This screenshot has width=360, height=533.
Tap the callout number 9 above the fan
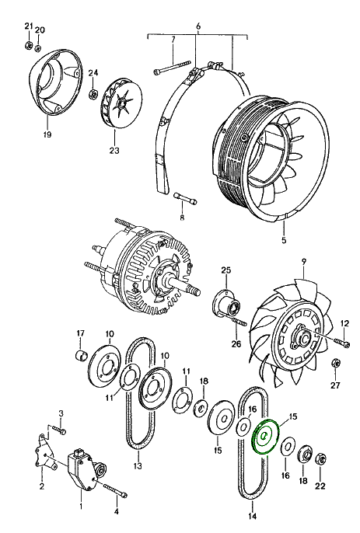tap(303, 261)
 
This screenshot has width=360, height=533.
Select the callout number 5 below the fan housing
tap(284, 240)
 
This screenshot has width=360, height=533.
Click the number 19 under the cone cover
tap(47, 134)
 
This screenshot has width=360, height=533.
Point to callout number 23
tap(114, 150)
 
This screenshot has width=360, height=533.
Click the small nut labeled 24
tap(93, 94)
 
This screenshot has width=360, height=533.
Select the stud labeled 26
tap(239, 321)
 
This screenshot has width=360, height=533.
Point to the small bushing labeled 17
tap(81, 354)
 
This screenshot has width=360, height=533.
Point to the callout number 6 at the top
tap(198, 26)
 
